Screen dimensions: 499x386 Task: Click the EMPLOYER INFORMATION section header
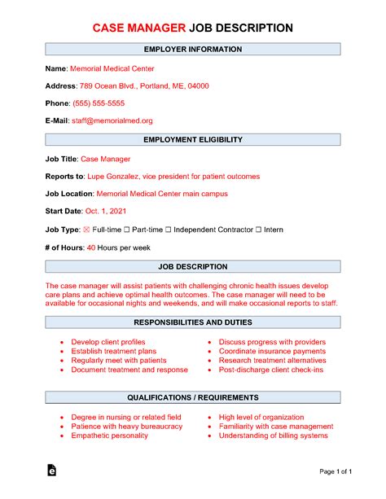point(193,50)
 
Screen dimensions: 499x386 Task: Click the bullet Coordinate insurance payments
point(272,352)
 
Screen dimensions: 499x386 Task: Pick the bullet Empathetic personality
point(109,436)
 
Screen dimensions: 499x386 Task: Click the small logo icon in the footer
point(53,471)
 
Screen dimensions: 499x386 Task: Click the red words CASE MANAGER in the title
point(139,28)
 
